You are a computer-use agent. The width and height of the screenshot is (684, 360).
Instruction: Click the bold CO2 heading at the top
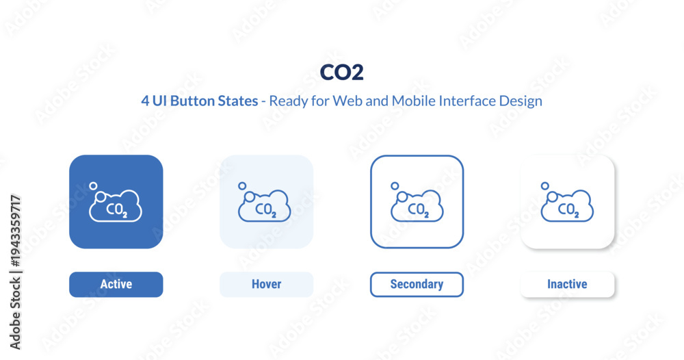pos(341,73)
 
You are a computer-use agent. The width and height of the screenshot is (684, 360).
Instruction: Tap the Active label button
pos(116,285)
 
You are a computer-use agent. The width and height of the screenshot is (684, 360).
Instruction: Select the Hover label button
pos(267,285)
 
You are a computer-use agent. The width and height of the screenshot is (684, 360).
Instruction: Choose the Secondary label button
pos(417,285)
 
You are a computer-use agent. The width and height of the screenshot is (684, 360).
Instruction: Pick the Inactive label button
pos(567,285)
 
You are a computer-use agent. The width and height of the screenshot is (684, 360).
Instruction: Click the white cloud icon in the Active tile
pos(116,206)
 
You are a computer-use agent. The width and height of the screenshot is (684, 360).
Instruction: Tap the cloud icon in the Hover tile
pos(265,206)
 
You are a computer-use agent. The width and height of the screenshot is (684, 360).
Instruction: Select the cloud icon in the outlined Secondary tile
pos(417,206)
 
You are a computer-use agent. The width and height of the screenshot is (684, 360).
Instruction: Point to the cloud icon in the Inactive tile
pos(568,206)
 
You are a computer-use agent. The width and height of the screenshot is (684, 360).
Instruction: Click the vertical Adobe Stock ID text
pos(15,272)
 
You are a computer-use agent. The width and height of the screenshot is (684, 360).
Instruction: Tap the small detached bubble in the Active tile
pos(93,186)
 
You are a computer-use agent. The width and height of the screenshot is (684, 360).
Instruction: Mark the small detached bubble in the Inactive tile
pos(545,186)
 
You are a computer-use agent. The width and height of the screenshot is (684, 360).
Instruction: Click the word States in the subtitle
pos(238,101)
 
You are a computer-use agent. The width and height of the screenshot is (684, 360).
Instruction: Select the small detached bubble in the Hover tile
pos(242,186)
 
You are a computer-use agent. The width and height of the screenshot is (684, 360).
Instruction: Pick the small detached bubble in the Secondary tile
pos(395,186)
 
